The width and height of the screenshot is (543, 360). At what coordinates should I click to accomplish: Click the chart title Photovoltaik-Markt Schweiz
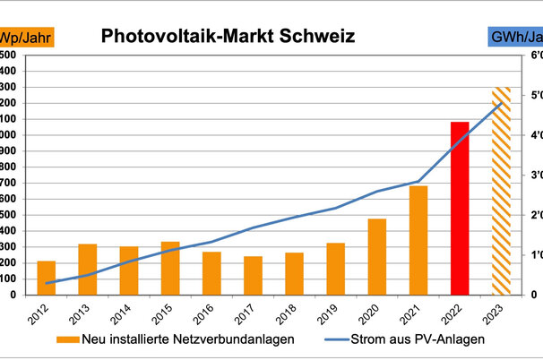click(228, 37)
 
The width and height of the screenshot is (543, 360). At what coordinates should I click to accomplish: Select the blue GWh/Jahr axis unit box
click(515, 38)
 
